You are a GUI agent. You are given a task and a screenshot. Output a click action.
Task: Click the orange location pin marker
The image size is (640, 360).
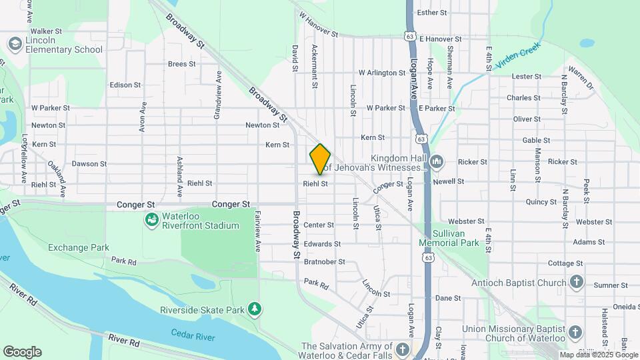[x=320, y=159]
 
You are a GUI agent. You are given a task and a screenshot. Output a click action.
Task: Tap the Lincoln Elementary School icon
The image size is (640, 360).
[x=15, y=44]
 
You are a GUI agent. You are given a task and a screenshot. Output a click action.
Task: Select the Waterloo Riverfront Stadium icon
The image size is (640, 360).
[x=151, y=219]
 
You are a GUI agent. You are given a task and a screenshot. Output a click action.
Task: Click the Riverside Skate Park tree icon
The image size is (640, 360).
[x=254, y=309]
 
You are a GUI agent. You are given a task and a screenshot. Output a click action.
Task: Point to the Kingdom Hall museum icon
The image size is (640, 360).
[x=437, y=161]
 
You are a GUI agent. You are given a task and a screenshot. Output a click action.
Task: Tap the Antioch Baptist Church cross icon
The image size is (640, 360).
[x=577, y=283]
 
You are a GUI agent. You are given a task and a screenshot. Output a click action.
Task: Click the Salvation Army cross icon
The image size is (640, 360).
[x=403, y=349]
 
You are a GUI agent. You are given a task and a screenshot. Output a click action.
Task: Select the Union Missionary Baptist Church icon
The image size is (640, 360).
[x=577, y=332]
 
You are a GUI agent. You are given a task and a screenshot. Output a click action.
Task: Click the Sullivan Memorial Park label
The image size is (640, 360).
[x=449, y=238]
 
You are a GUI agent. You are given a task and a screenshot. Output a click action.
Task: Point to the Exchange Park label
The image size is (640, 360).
[x=79, y=247]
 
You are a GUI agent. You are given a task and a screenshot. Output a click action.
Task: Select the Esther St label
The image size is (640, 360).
[x=431, y=13]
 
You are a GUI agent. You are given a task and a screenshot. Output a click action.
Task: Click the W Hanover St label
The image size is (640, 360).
[x=319, y=24]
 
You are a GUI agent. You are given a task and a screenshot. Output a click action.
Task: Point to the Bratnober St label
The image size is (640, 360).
[x=325, y=262]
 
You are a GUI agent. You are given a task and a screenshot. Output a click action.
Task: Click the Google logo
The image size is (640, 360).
[x=22, y=352]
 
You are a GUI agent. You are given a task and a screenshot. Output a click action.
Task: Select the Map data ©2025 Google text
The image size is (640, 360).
[x=598, y=355]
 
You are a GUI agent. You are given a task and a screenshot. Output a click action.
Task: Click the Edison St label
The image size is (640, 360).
[x=125, y=85]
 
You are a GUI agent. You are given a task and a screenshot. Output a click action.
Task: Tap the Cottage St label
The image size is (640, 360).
[x=565, y=263]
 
